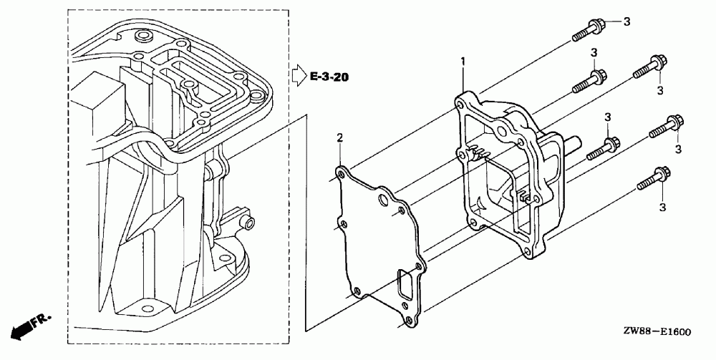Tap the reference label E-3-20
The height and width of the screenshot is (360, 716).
point(329,75)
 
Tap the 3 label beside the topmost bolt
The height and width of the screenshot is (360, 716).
point(626,22)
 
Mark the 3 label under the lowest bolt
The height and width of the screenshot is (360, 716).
point(661,207)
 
